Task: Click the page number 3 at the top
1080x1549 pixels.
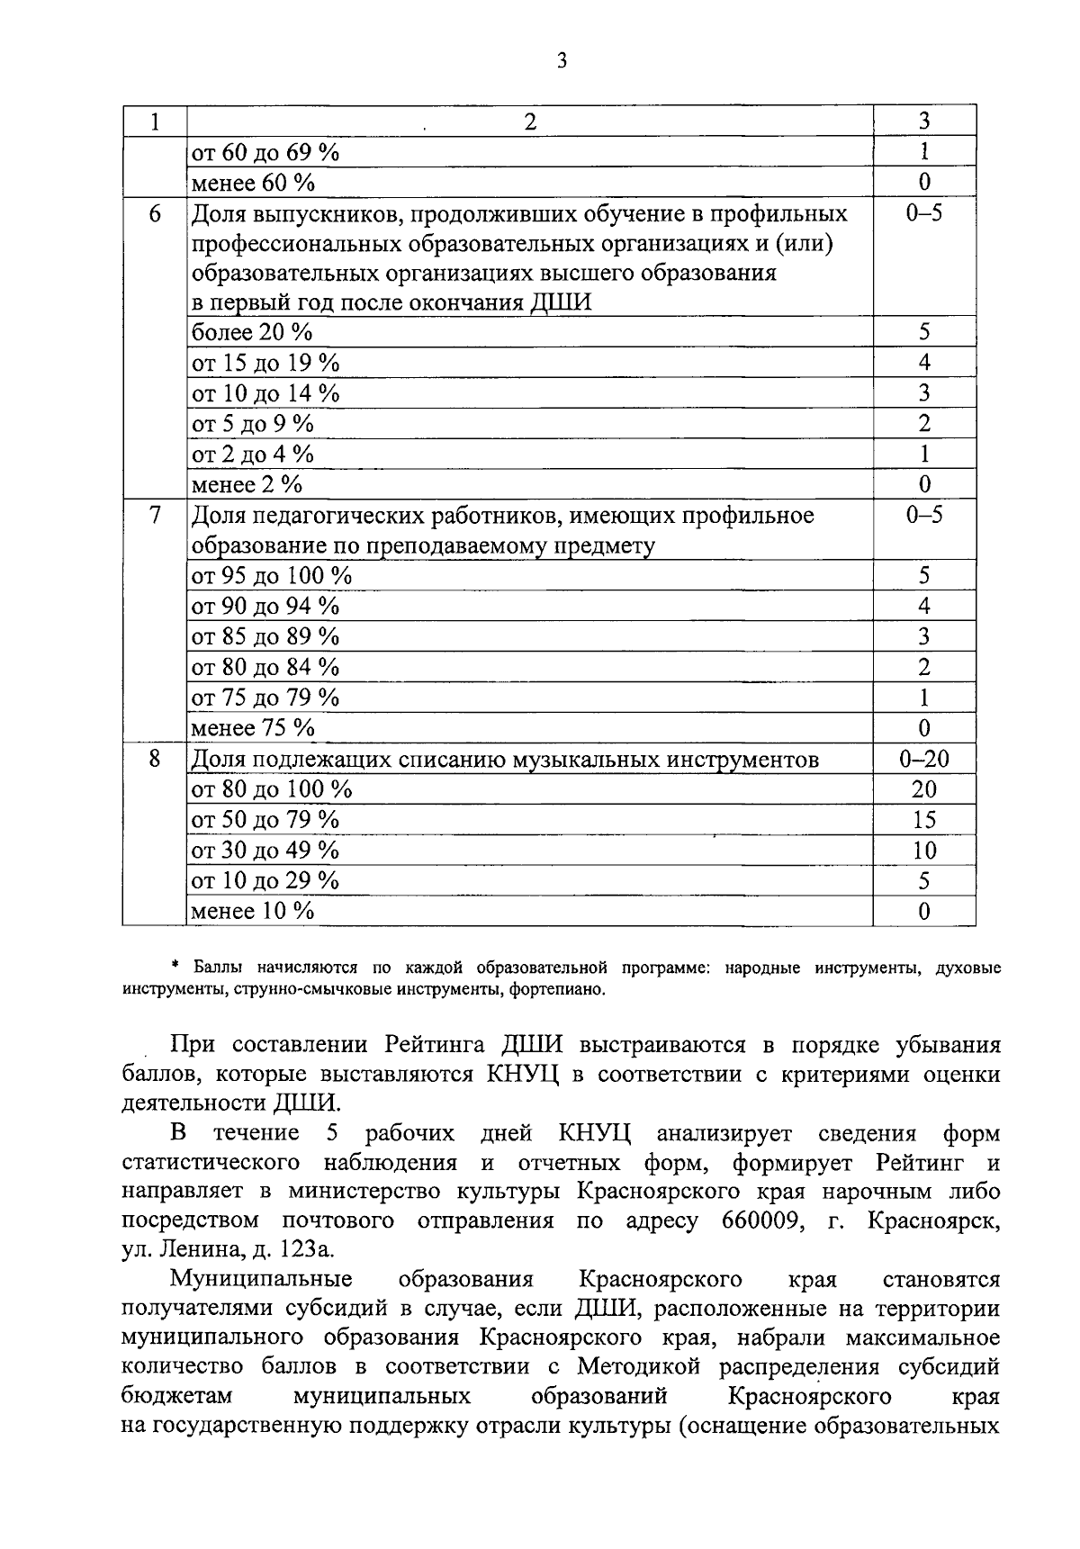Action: click(562, 61)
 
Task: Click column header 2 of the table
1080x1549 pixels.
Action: click(530, 122)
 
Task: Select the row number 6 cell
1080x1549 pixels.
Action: click(155, 214)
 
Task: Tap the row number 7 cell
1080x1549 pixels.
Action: click(155, 515)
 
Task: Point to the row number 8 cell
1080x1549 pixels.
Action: click(155, 758)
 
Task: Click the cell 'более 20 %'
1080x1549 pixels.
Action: click(252, 332)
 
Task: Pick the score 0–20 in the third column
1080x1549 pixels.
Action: click(923, 759)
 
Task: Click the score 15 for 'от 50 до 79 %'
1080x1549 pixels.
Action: click(923, 820)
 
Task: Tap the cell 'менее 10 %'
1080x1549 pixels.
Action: click(253, 911)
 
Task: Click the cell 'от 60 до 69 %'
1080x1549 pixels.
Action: click(265, 152)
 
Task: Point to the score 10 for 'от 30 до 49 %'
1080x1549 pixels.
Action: click(923, 851)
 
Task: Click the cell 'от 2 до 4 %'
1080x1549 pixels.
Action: click(253, 454)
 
